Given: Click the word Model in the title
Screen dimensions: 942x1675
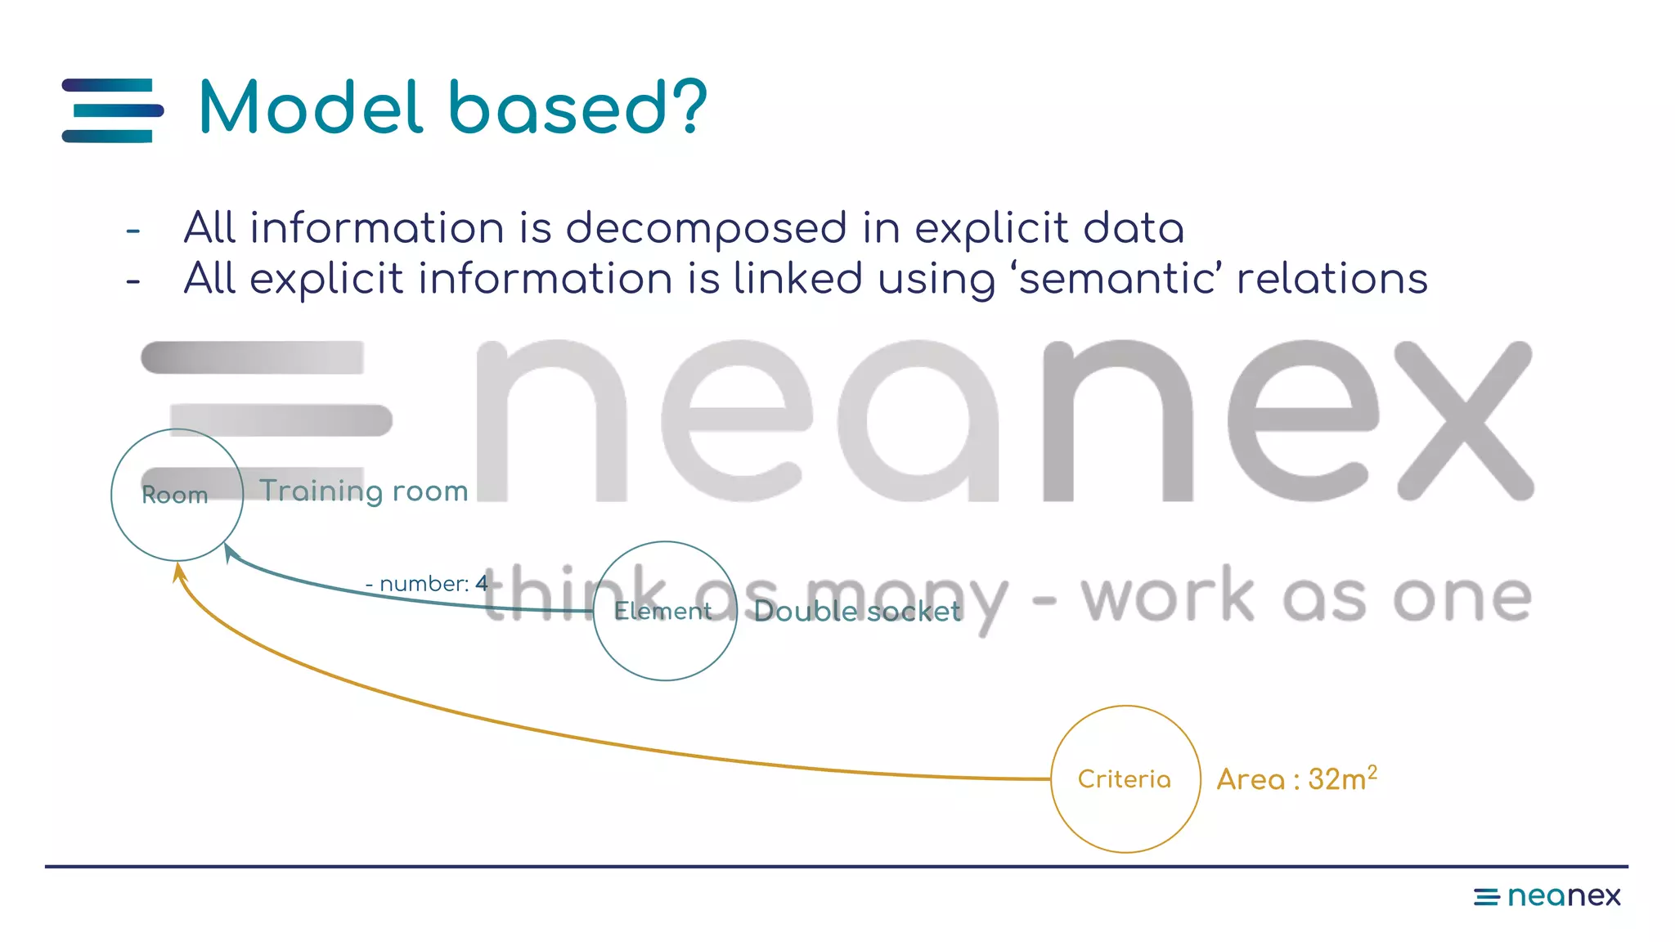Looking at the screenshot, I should tap(311, 108).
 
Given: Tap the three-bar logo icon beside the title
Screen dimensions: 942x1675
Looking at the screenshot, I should tap(112, 110).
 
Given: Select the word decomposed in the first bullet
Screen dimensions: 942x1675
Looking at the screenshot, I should tap(706, 228).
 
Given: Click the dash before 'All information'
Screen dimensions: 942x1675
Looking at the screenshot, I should tap(133, 231).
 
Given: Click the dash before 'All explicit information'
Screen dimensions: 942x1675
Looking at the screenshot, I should tap(133, 282).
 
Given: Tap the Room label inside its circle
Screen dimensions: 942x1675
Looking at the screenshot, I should tap(175, 495).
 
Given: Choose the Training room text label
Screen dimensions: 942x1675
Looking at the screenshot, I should tap(363, 491).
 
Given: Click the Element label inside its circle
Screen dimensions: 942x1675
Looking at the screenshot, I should tap(662, 611).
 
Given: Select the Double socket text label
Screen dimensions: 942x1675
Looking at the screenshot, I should tap(856, 611).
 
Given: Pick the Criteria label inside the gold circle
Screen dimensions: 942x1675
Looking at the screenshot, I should tap(1124, 779).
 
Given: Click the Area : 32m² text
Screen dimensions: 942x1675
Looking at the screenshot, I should tap(1296, 778).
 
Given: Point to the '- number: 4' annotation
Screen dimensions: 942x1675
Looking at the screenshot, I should tap(426, 584).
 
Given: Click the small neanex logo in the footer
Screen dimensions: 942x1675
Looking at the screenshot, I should tap(1547, 896).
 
